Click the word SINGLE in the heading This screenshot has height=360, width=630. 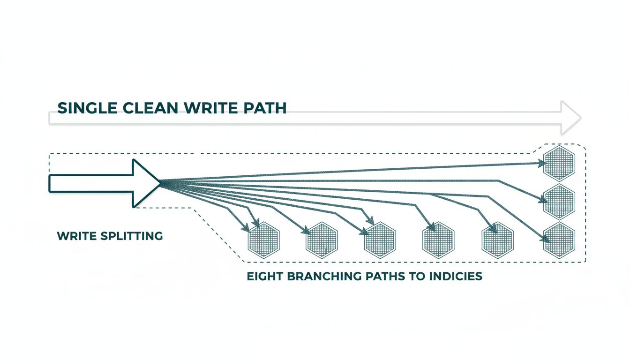(87, 108)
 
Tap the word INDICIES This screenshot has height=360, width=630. (455, 276)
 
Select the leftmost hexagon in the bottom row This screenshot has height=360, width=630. (263, 239)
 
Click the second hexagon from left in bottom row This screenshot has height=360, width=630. (322, 239)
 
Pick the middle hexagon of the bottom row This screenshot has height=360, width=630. (380, 239)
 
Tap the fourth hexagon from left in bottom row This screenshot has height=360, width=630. (439, 239)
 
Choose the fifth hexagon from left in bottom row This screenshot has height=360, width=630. (497, 239)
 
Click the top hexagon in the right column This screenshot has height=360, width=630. (559, 163)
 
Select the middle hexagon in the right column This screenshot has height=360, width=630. (559, 201)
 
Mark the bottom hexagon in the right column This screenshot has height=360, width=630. (559, 240)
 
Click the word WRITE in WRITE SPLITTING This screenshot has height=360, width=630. (76, 236)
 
